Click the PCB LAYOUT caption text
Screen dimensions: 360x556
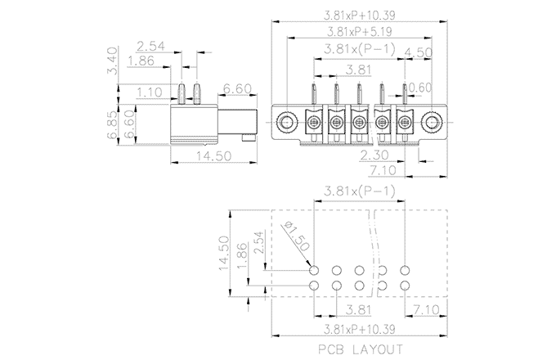coord(361,349)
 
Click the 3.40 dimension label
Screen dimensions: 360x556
coord(114,57)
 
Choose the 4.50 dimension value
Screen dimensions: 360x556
coord(419,52)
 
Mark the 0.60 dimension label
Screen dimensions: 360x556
coord(422,87)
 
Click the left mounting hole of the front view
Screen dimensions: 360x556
coord(285,124)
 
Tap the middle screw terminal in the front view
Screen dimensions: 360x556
coord(359,124)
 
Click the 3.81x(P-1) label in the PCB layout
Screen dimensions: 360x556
coord(360,191)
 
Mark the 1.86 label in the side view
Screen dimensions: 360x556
coord(144,61)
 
